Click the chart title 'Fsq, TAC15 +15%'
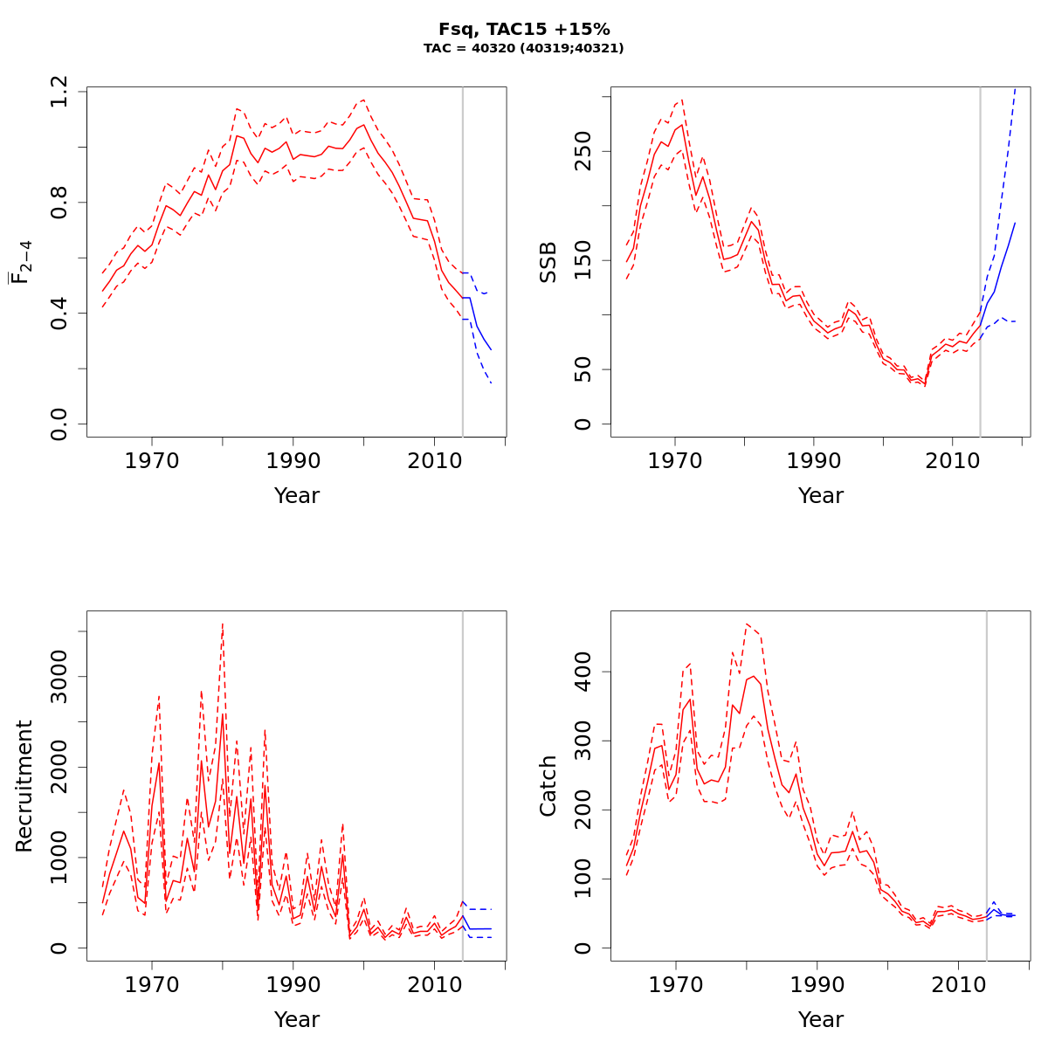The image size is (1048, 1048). click(524, 30)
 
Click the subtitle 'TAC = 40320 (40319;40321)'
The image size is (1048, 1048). click(524, 49)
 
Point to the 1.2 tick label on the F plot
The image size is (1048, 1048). click(59, 91)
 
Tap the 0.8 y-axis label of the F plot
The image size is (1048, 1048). click(59, 202)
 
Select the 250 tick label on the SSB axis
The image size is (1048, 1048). click(583, 150)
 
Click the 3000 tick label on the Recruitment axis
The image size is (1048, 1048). click(59, 676)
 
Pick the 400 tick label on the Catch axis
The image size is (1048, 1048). click(583, 672)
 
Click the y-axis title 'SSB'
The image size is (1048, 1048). click(548, 262)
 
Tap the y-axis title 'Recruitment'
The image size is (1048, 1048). click(24, 786)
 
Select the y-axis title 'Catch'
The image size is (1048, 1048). click(548, 786)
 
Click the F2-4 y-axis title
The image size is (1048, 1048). click(21, 262)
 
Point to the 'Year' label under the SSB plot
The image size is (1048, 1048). click(821, 496)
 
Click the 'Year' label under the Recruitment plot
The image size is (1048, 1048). click(297, 1019)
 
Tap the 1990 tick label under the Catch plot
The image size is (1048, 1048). click(817, 986)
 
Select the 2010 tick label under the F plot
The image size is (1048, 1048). click(434, 462)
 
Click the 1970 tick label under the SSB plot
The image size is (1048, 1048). click(675, 462)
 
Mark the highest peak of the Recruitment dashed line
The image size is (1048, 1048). click(223, 624)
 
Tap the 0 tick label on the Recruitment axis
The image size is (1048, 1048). click(59, 948)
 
